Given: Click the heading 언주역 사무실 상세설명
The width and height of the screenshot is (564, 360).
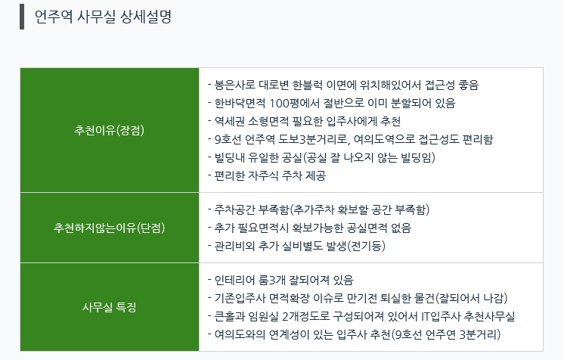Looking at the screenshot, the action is point(103,17).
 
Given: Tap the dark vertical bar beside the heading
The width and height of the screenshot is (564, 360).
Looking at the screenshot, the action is point(22,17).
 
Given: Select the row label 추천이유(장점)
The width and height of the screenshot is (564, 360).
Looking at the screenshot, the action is point(110,130).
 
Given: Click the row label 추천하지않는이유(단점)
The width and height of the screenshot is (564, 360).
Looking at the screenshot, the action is point(110,228).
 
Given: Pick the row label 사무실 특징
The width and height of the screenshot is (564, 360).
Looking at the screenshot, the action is point(110,307).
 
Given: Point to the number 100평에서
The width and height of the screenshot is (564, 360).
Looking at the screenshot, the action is point(295,104).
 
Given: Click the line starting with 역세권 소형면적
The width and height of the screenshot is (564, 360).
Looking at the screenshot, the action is point(304,121).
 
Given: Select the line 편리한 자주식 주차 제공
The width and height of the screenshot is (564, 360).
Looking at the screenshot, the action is point(267,175).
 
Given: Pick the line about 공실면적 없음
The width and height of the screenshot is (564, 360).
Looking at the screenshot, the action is point(309,228).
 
